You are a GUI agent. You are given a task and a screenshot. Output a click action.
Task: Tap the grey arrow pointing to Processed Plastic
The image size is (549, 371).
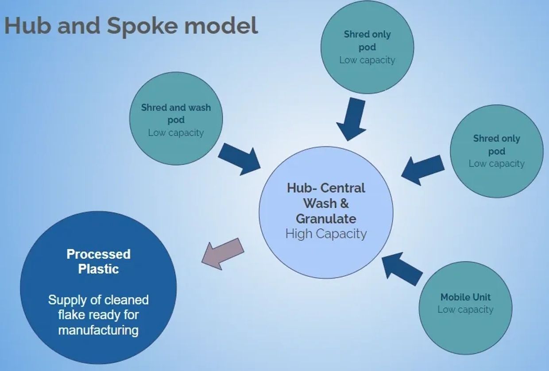(223, 254)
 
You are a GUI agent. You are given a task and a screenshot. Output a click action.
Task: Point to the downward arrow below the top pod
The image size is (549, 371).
(352, 119)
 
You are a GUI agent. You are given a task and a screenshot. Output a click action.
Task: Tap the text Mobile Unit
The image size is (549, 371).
(465, 297)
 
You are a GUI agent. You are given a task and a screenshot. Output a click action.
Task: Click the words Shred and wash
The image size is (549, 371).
(176, 107)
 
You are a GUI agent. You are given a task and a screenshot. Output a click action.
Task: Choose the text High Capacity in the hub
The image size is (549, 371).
(326, 233)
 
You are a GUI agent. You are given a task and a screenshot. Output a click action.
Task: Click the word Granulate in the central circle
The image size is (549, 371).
(326, 218)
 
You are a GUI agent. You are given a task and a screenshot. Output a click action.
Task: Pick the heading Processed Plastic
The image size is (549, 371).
(98, 261)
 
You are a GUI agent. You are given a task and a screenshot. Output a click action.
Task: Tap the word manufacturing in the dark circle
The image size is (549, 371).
(98, 330)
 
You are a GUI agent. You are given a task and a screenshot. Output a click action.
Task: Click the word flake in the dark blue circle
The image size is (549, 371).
(72, 315)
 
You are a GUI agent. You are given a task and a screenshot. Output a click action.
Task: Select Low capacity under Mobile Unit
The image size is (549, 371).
(465, 310)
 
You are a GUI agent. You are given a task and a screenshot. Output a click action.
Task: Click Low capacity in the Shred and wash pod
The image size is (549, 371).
(176, 133)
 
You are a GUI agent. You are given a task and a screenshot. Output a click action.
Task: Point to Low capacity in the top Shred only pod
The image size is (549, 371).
(367, 60)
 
